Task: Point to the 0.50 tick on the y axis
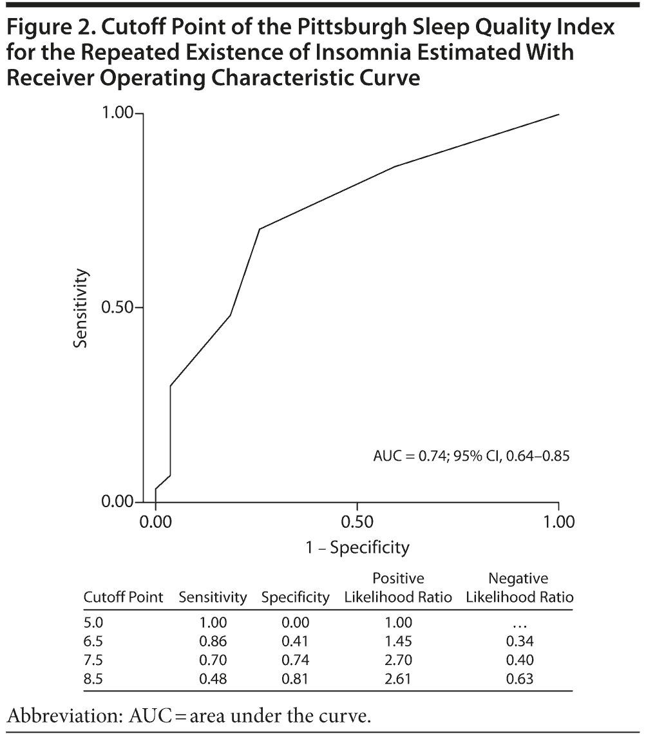120,307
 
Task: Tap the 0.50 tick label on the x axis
357,521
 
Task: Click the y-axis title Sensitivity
80,308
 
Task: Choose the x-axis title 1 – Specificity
357,548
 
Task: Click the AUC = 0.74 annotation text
471,456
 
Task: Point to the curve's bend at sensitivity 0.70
260,229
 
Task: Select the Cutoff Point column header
124,597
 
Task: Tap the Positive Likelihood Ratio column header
398,588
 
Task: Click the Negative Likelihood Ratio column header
518,588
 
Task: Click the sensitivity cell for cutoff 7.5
213,660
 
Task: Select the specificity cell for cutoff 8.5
295,679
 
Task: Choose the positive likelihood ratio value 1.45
398,641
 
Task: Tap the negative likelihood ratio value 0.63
519,679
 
